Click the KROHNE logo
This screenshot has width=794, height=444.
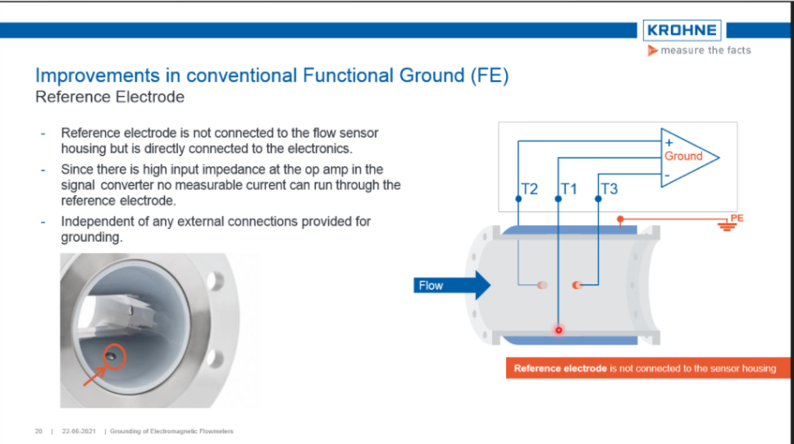coord(682,30)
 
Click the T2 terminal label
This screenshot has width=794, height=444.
coord(530,189)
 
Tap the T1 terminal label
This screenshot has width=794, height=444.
coord(569,189)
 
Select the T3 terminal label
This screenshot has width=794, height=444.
coord(609,189)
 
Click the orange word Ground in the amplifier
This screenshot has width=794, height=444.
coord(683,156)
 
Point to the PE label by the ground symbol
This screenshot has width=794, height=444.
coord(737,217)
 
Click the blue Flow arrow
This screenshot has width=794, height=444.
coord(451,285)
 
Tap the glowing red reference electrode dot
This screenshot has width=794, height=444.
coord(559,330)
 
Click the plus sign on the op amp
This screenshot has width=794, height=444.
coord(669,143)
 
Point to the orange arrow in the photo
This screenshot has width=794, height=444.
coord(94,376)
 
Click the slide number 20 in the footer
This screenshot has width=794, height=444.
coord(39,431)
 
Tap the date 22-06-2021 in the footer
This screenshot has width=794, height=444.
coord(79,431)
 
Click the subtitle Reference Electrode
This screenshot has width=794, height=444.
coord(110,97)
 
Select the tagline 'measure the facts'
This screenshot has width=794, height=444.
coord(705,50)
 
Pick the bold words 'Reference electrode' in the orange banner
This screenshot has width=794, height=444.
coord(560,369)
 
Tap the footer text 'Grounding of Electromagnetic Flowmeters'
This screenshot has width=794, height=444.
coord(171,431)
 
